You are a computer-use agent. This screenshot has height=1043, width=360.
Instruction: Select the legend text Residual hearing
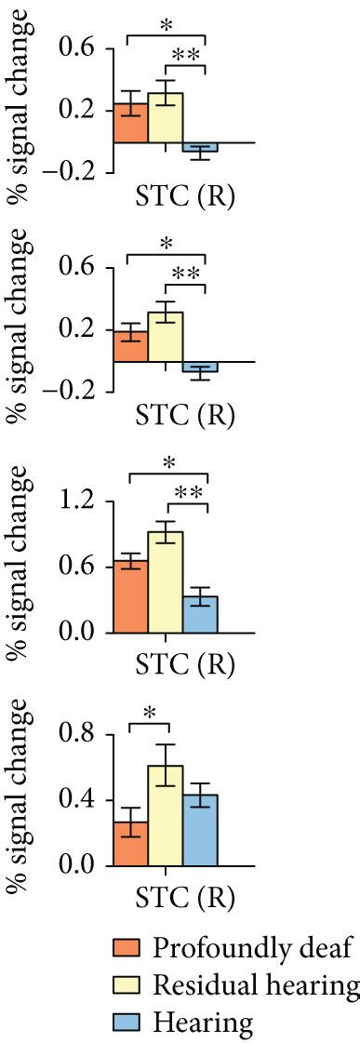coord(256,985)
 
